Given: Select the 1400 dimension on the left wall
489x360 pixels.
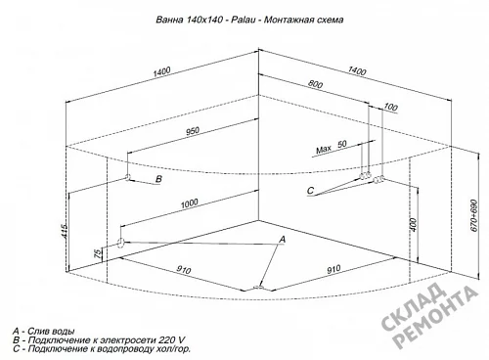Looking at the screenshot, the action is tap(161, 71).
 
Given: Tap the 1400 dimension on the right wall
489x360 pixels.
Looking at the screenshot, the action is tap(357, 70).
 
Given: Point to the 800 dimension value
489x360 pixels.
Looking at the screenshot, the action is tap(315, 84).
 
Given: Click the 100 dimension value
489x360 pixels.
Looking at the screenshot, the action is tap(390, 107).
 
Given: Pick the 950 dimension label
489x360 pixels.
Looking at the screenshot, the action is tap(193, 131).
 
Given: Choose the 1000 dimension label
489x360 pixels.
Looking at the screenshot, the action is tap(190, 203).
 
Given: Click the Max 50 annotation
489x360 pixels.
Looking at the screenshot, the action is tap(332, 147).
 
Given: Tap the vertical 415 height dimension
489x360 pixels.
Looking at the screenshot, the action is tap(65, 231).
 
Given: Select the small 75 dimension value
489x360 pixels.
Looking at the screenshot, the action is tap(98, 253).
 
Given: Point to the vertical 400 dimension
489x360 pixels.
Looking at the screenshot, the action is tap(413, 225).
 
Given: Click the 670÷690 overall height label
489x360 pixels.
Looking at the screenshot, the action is tap(474, 215).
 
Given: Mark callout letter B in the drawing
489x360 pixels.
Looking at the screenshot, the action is tap(158, 179).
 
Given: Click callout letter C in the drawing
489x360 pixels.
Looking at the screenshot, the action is tap(311, 190).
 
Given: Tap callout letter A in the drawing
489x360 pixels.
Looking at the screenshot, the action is tap(283, 239).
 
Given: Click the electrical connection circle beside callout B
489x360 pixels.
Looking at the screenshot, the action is tap(128, 177).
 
